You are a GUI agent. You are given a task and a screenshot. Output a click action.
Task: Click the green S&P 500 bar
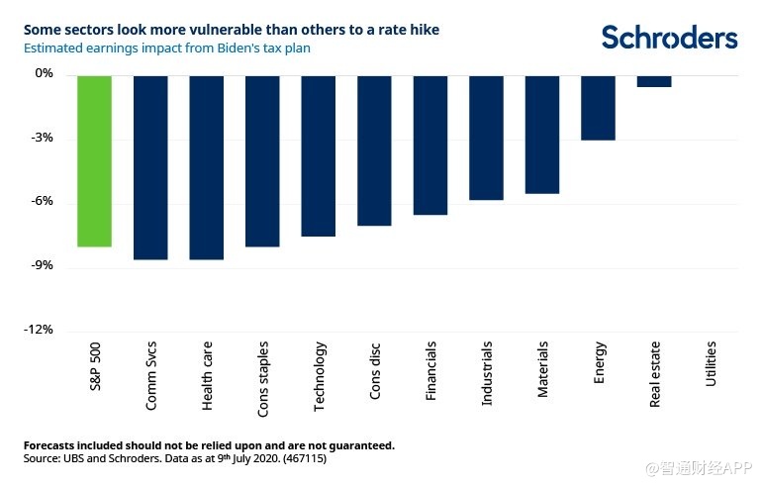(x=94, y=160)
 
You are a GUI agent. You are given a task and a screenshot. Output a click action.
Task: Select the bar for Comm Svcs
(x=150, y=167)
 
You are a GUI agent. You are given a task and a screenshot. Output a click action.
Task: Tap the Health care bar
(x=206, y=167)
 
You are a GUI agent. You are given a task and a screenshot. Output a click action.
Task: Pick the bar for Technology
(x=319, y=155)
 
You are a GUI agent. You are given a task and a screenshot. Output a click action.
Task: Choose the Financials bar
(x=430, y=145)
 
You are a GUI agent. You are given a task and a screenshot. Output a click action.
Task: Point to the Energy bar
(x=598, y=107)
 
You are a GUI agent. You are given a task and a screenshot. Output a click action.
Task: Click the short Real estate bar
(x=654, y=81)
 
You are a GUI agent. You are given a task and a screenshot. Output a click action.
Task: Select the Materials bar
(x=542, y=134)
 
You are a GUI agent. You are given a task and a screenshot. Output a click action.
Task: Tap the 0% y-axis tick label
(x=44, y=74)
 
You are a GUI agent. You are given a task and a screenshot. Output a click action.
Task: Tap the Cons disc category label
(x=374, y=371)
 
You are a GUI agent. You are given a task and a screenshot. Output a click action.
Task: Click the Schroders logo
(x=670, y=38)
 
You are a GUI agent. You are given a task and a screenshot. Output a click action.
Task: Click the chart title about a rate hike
(x=232, y=30)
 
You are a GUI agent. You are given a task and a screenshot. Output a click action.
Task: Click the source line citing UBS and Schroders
(x=174, y=460)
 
